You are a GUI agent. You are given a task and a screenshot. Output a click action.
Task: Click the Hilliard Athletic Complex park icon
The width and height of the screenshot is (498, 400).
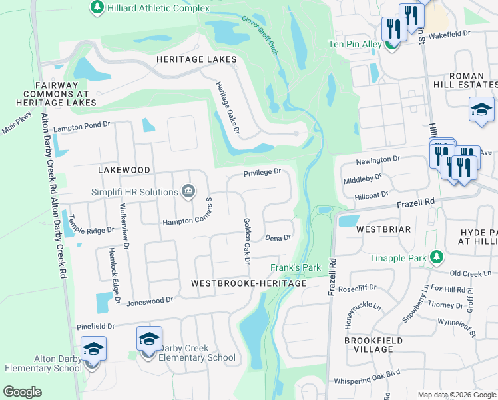[97, 7]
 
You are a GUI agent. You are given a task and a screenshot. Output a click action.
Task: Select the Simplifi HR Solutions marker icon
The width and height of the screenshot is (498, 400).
[188, 192]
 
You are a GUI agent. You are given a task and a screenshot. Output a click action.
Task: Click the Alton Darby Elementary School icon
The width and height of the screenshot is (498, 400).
[93, 349]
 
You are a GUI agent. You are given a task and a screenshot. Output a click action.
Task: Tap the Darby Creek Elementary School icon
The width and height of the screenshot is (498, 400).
[149, 339]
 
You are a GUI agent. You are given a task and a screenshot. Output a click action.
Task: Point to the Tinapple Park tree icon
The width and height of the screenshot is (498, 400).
[437, 257]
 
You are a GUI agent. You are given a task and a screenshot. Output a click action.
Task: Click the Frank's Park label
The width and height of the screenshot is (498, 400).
[296, 268]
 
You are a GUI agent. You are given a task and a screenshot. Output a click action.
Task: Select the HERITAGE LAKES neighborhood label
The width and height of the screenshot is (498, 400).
[196, 60]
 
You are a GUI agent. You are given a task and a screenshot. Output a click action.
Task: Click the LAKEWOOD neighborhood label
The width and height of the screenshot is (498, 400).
[124, 170]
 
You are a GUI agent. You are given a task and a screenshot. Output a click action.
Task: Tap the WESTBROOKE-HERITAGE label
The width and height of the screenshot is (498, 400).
[248, 283]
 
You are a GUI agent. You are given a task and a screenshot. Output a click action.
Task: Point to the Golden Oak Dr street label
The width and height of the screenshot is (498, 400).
[246, 241]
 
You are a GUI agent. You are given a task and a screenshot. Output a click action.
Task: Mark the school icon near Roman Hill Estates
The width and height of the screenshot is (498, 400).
[481, 109]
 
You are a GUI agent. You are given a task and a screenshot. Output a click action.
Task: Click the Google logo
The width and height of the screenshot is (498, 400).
[22, 392]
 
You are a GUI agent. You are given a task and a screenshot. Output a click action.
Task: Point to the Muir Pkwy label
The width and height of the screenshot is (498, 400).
[17, 123]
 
